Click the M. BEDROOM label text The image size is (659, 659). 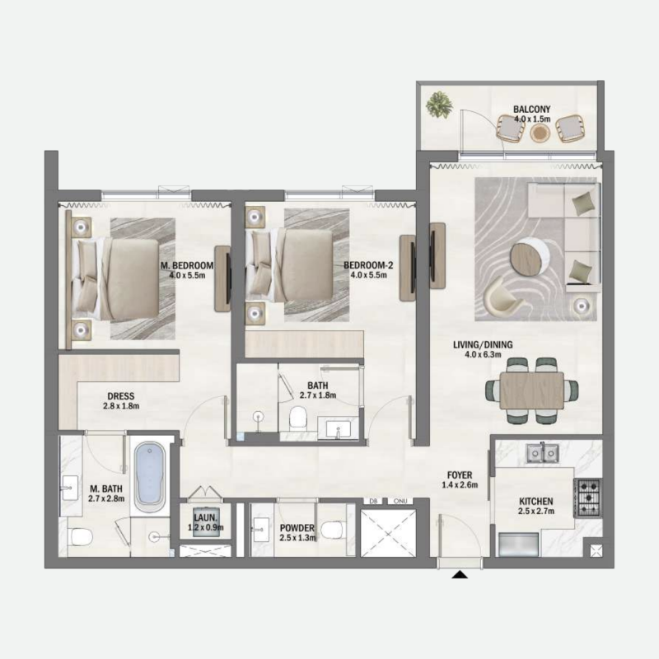188,265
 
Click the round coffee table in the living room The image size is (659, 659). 528,256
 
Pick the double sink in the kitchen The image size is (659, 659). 541,451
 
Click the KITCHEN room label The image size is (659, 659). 535,501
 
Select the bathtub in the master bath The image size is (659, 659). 149,475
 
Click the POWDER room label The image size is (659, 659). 297,527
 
